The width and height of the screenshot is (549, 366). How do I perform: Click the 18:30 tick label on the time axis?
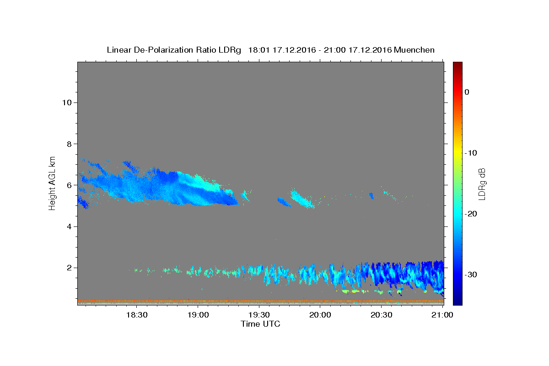[x=137, y=315]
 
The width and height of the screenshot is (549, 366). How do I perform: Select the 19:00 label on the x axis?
[x=198, y=315]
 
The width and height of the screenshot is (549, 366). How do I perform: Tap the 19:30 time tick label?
[x=259, y=315]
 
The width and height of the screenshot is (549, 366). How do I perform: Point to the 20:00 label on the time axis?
[x=320, y=315]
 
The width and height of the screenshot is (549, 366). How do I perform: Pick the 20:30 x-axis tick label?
[x=382, y=315]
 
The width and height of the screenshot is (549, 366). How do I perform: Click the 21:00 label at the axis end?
[x=442, y=315]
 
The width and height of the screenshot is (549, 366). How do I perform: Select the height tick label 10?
[x=67, y=102]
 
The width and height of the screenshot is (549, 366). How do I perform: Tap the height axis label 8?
[x=70, y=144]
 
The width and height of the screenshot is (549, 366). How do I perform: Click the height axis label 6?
[x=70, y=185]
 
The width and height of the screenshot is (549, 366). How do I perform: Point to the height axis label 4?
[x=70, y=226]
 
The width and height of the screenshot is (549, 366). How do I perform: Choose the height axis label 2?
[x=70, y=268]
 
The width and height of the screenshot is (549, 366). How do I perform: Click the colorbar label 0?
[x=467, y=92]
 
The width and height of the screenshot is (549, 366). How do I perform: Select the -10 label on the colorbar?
[x=471, y=153]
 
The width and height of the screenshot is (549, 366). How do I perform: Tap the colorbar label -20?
[x=471, y=214]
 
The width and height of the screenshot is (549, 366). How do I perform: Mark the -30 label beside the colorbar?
[x=471, y=274]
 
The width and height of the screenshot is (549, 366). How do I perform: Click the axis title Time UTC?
[x=260, y=324]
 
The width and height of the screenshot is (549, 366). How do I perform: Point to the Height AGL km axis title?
[x=52, y=183]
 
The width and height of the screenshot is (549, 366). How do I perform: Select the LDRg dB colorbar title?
[x=482, y=184]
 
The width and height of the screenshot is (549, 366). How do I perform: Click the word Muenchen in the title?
[x=414, y=50]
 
